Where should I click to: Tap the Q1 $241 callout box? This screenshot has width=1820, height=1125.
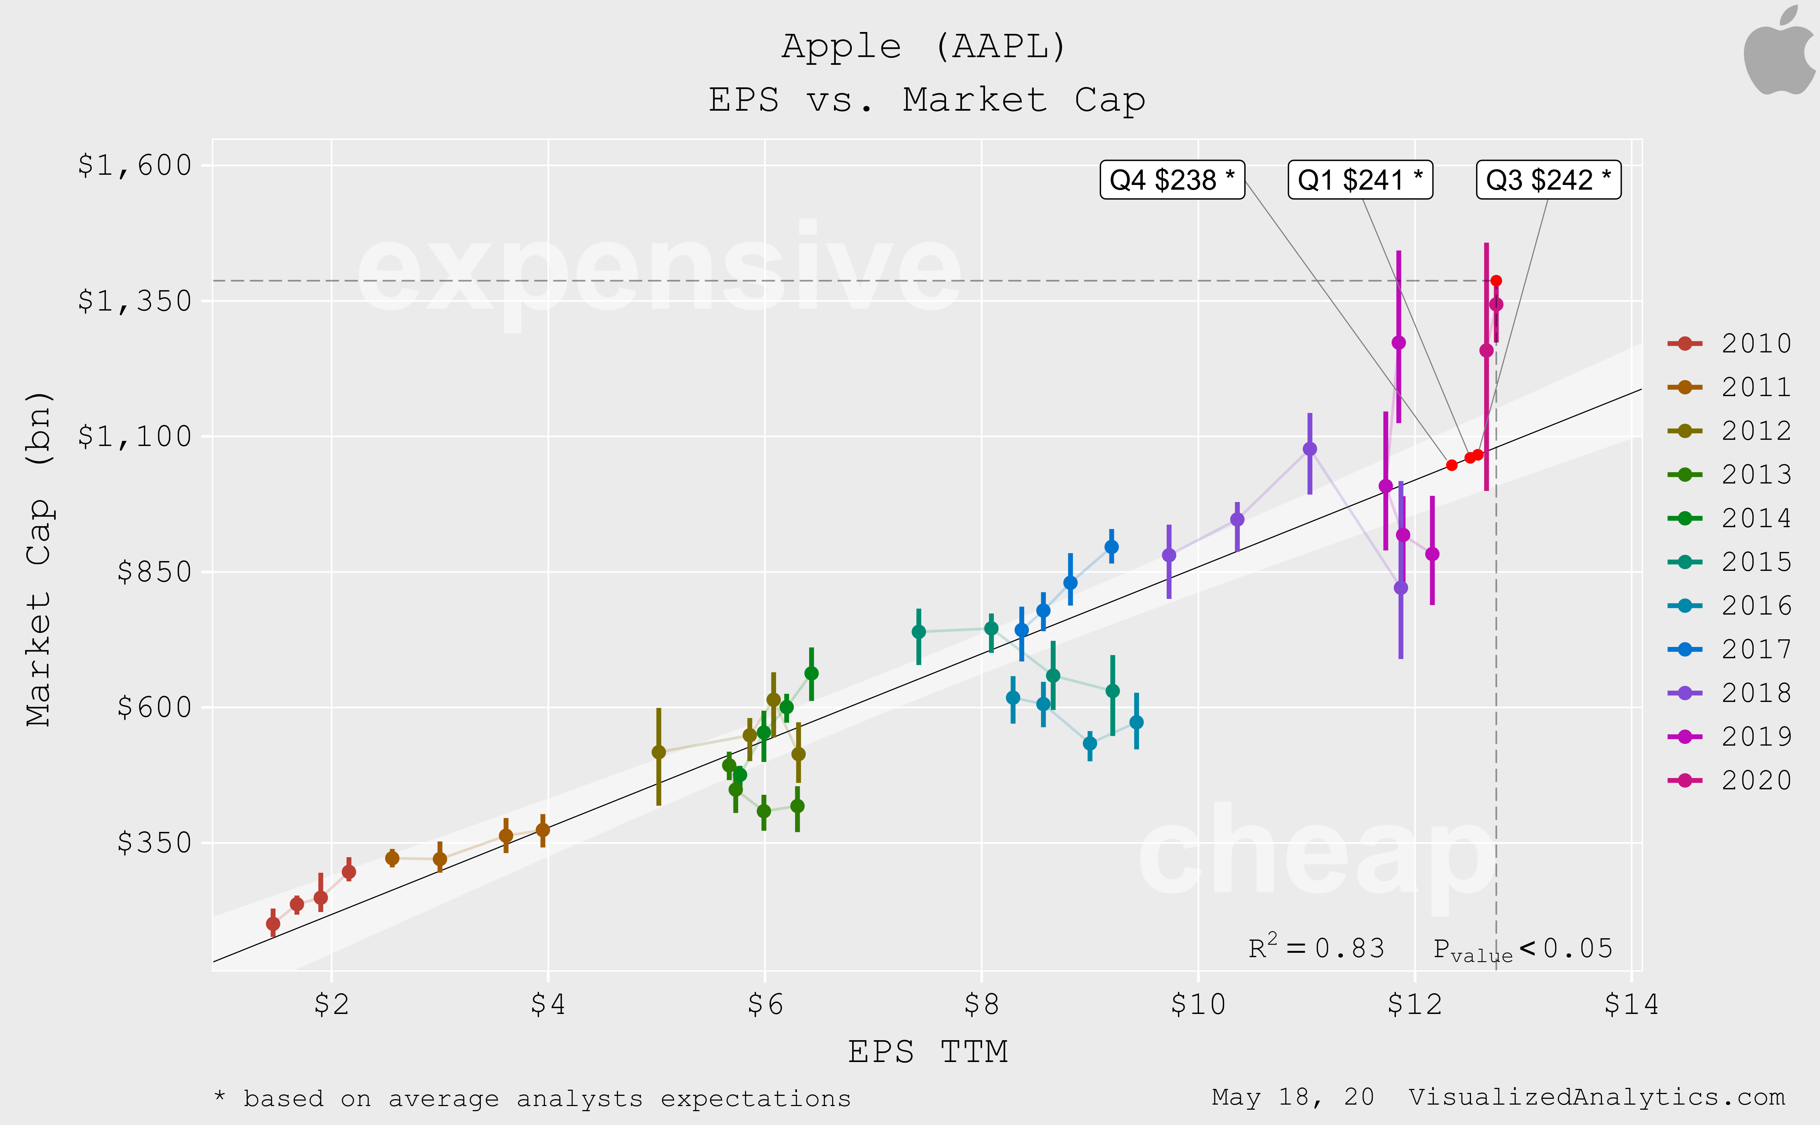[x=1360, y=180]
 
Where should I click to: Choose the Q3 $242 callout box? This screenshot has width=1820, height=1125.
[x=1548, y=180]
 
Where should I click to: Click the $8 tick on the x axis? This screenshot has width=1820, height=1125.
[x=981, y=1004]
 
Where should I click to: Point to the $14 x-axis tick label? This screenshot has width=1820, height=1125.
[x=1631, y=1004]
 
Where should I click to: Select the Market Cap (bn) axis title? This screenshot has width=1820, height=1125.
[x=39, y=558]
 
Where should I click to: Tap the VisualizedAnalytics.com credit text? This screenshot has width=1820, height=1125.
[x=1596, y=1097]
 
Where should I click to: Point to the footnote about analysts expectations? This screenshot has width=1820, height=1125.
[x=532, y=1099]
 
